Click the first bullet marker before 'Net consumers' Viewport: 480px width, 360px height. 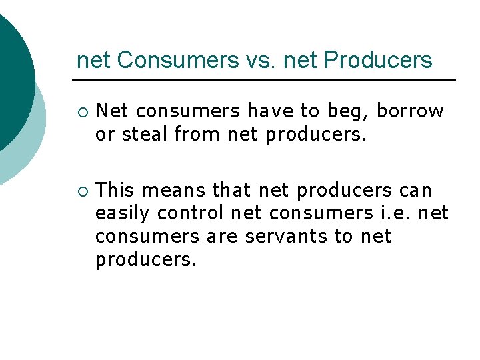click(x=81, y=111)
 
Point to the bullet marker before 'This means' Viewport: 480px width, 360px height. click(x=81, y=191)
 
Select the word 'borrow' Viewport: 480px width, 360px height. click(x=415, y=111)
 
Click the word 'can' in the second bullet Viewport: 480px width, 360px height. click(x=415, y=191)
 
